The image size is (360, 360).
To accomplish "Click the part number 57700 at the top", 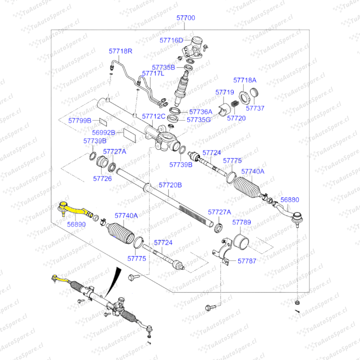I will pyautogui.click(x=186, y=18).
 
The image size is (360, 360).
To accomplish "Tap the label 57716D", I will pyautogui.click(x=171, y=40).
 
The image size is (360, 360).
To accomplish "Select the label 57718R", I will pyautogui.click(x=121, y=51).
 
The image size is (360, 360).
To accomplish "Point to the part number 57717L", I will pyautogui.click(x=153, y=73).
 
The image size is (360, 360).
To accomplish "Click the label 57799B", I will pyautogui.click(x=80, y=120).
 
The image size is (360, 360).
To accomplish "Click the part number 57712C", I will pyautogui.click(x=154, y=116).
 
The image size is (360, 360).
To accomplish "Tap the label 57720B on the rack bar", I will pyautogui.click(x=170, y=185).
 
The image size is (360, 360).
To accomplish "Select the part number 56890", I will pyautogui.click(x=76, y=224).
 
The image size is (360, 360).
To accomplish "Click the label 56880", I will pyautogui.click(x=290, y=200).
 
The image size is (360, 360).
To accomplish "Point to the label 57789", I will pyautogui.click(x=242, y=222).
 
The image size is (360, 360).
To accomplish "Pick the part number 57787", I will pyautogui.click(x=247, y=261).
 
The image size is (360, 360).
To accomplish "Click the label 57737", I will pyautogui.click(x=255, y=108).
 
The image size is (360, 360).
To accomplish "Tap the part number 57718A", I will pyautogui.click(x=245, y=80).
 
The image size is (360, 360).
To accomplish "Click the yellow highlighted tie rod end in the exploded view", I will pyautogui.click(x=74, y=209).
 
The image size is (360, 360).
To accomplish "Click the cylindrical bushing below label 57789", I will pyautogui.click(x=242, y=242).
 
